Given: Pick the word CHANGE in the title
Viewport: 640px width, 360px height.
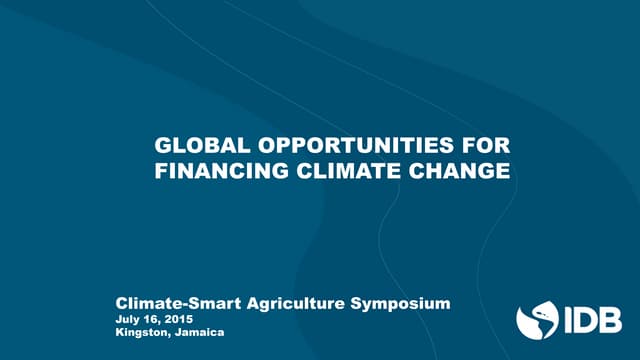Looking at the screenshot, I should coord(447,172).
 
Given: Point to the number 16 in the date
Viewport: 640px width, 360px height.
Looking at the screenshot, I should coord(152,318).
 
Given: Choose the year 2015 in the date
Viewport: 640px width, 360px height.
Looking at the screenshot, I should coord(179,318).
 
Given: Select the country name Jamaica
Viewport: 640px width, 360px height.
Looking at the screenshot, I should coord(197,331).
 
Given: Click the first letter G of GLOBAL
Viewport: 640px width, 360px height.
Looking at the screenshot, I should coord(163,147).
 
